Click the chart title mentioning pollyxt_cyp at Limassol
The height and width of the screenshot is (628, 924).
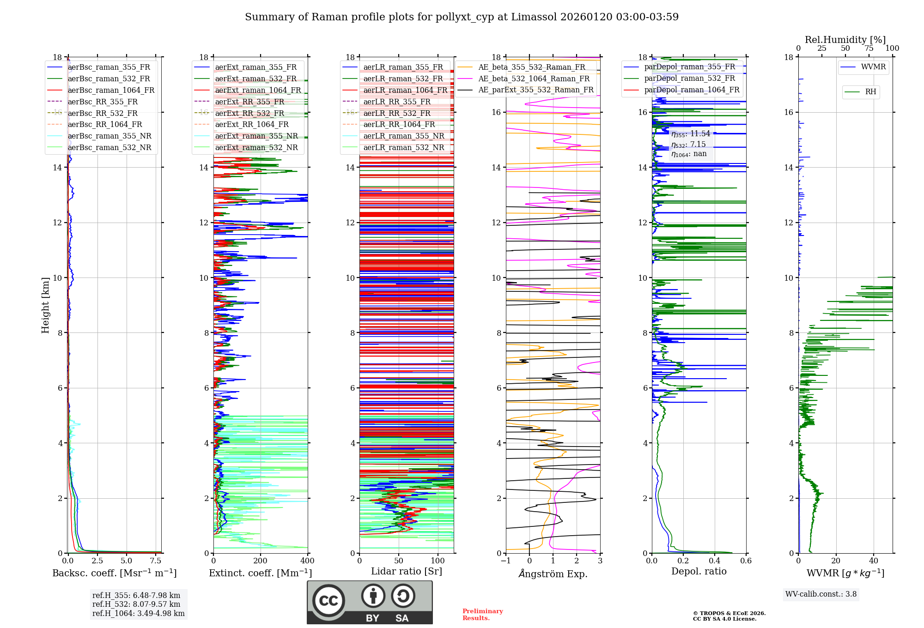462,17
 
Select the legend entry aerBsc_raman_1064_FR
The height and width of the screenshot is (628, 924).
111,90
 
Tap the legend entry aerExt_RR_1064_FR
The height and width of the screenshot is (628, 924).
251,124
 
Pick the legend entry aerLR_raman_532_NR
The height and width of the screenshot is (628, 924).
403,147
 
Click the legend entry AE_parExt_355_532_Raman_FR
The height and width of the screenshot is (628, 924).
535,90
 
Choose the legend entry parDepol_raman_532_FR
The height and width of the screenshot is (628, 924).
689,78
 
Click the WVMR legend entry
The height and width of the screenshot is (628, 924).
873,67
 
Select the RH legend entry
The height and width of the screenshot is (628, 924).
870,92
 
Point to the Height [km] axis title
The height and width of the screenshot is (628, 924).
45,305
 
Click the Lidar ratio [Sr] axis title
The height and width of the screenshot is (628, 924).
407,571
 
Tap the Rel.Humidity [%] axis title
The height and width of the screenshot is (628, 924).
845,40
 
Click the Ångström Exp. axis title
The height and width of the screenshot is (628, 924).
553,574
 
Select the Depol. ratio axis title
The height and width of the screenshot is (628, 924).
699,571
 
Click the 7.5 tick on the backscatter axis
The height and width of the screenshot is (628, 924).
156,561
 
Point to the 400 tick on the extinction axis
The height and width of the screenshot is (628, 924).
307,561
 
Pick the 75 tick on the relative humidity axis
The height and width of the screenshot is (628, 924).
869,48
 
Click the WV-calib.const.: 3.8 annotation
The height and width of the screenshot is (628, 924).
821,594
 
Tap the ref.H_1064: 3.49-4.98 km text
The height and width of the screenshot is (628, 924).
138,613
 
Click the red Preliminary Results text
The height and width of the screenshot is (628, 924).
482,615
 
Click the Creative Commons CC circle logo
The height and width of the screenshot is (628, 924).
328,600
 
